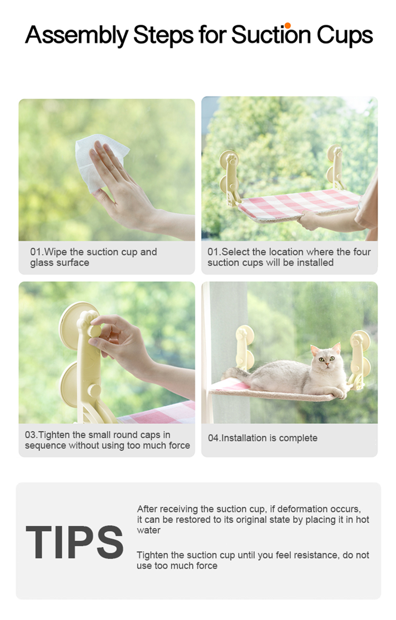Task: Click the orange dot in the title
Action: (x=288, y=25)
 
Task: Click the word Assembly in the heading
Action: (x=77, y=35)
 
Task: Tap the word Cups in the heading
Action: (x=345, y=35)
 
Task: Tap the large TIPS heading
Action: (x=74, y=542)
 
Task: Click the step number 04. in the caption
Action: (x=214, y=438)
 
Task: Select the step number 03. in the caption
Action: (x=31, y=435)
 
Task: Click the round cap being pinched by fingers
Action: (x=94, y=331)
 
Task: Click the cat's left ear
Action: (x=337, y=348)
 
